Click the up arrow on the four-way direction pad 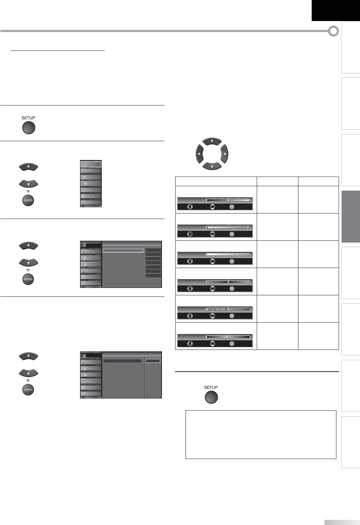tap(212, 141)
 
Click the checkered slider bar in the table tap(228, 227)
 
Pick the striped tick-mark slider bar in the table tap(228, 309)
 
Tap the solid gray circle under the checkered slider tap(232, 234)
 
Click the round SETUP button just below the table tap(211, 397)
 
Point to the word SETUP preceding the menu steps tap(28, 118)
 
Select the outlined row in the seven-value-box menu tap(123, 250)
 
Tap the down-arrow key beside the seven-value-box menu tap(28, 262)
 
